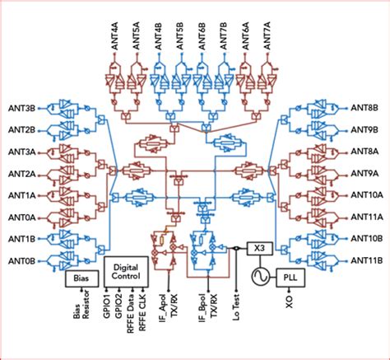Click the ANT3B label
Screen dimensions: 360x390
tap(21, 107)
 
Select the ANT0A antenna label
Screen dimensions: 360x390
tap(21, 217)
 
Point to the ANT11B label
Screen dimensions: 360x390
tap(366, 261)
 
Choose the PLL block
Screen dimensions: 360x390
tap(290, 278)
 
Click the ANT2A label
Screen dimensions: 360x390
tap(21, 173)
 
